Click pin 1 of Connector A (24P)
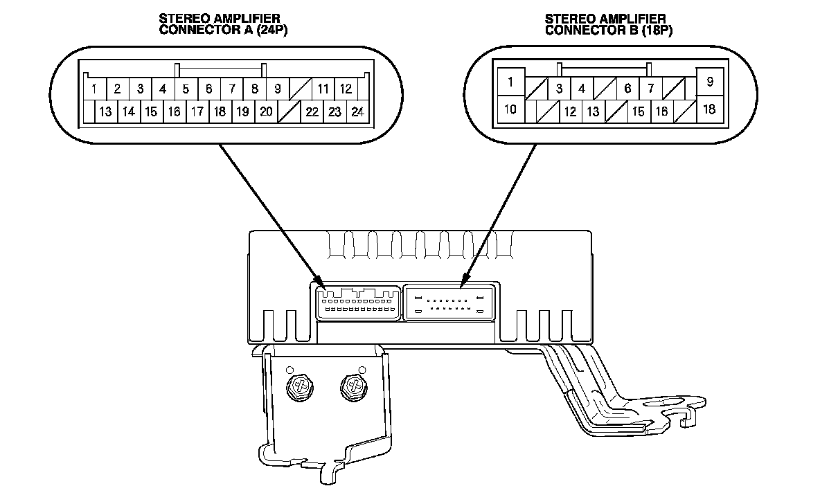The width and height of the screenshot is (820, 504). tap(93, 89)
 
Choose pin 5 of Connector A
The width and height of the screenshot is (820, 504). tap(186, 89)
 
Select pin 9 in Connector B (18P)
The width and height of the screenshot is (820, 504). tap(710, 82)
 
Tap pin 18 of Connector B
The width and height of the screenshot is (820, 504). tap(710, 109)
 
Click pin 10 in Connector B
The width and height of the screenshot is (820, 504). tap(510, 109)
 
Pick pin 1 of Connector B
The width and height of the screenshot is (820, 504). tap(510, 82)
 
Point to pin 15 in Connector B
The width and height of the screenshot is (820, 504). tap(639, 111)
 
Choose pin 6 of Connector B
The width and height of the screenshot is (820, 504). tap(627, 89)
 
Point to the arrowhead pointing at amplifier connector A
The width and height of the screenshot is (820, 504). tap(321, 285)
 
